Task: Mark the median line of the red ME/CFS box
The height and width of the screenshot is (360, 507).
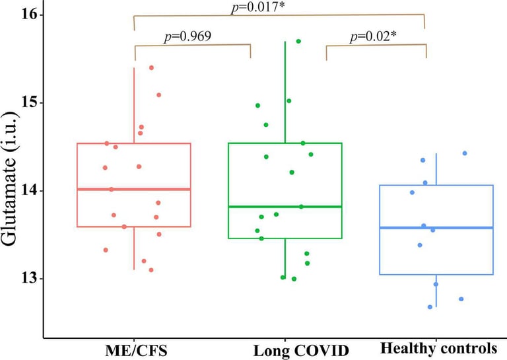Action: (x=133, y=189)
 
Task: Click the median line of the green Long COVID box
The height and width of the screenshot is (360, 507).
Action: (x=285, y=207)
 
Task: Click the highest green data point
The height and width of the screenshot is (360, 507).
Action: (x=298, y=41)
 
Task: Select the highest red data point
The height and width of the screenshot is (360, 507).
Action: (x=151, y=67)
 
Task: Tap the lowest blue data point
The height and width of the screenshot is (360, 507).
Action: (x=430, y=306)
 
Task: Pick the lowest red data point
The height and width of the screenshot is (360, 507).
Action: (x=151, y=270)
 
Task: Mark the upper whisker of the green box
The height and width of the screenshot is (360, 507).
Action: (x=285, y=92)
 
